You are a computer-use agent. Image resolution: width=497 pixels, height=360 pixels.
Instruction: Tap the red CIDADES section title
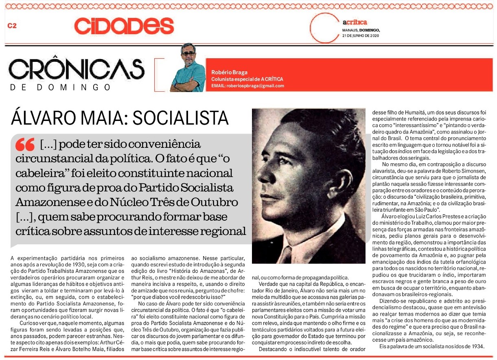[x=124, y=26]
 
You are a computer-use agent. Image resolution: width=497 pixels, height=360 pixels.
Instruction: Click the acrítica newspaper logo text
[x=355, y=22]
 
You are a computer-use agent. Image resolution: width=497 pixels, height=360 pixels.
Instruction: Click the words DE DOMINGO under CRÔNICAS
[x=61, y=87]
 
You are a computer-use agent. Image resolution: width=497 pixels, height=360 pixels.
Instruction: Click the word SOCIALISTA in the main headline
[x=181, y=118]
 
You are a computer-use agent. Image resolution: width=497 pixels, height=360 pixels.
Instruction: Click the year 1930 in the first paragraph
[x=99, y=263]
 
